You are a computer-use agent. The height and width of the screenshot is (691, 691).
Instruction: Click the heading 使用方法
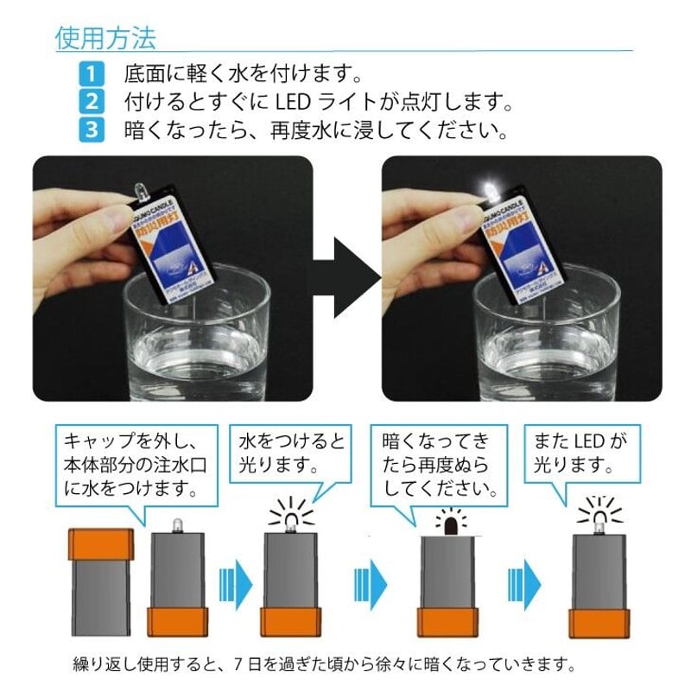pyautogui.click(x=105, y=38)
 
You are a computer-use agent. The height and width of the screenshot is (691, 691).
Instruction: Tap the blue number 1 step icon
pyautogui.click(x=90, y=72)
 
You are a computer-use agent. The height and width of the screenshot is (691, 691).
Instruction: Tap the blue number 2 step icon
pyautogui.click(x=90, y=102)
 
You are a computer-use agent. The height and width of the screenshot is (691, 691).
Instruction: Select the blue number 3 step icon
pyautogui.click(x=90, y=132)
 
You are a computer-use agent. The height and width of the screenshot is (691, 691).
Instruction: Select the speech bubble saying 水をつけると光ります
pyautogui.click(x=291, y=453)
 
